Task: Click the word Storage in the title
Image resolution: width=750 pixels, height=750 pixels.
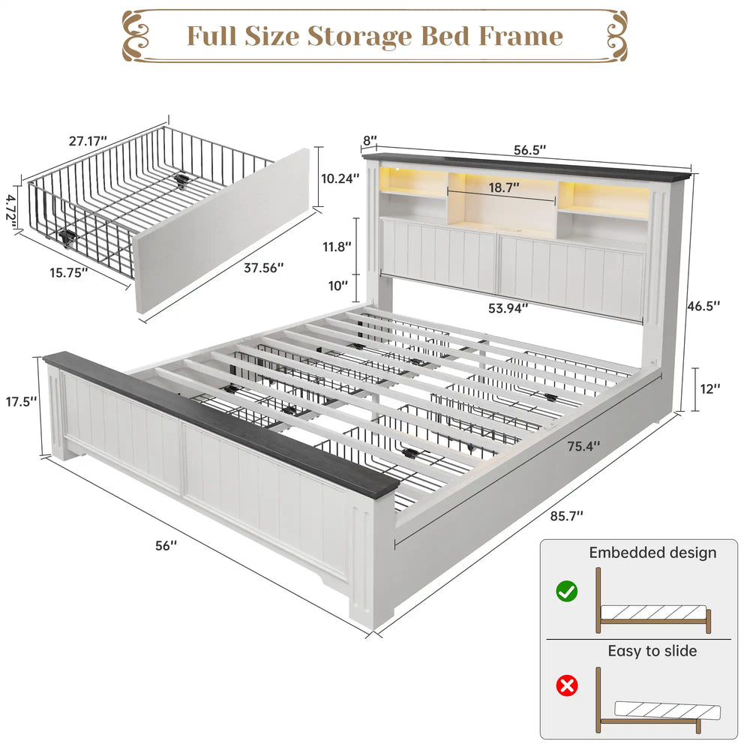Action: point(360,37)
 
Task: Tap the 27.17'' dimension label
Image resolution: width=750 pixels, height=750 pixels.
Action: point(88,141)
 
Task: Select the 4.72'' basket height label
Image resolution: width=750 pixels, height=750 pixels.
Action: point(11,208)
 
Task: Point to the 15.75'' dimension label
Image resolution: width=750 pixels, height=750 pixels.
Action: point(69,273)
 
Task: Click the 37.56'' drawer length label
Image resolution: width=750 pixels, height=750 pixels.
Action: point(264,268)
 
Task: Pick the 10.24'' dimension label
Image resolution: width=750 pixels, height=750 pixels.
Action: point(340,178)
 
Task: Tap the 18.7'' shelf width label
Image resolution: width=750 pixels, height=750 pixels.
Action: point(504,187)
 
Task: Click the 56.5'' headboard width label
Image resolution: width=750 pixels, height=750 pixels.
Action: point(530,150)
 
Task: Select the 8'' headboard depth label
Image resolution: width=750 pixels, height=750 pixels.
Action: point(370,141)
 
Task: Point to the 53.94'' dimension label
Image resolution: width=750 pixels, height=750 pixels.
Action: point(508,308)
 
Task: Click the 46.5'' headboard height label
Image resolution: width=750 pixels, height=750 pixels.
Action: point(703,306)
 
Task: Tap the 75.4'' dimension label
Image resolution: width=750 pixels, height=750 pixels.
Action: point(583,446)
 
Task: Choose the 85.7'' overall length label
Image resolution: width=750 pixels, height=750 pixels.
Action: point(566,516)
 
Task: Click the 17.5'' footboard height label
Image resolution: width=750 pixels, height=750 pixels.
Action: point(21,401)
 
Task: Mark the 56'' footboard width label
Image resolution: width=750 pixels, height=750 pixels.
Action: point(166,546)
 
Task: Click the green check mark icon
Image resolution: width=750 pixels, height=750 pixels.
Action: point(567,592)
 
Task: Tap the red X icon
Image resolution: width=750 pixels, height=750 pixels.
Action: point(567,686)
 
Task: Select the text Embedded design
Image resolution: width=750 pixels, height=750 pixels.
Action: point(652,553)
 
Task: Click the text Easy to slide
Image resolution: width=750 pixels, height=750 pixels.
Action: point(652,651)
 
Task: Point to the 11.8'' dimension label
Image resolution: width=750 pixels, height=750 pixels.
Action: point(337,247)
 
